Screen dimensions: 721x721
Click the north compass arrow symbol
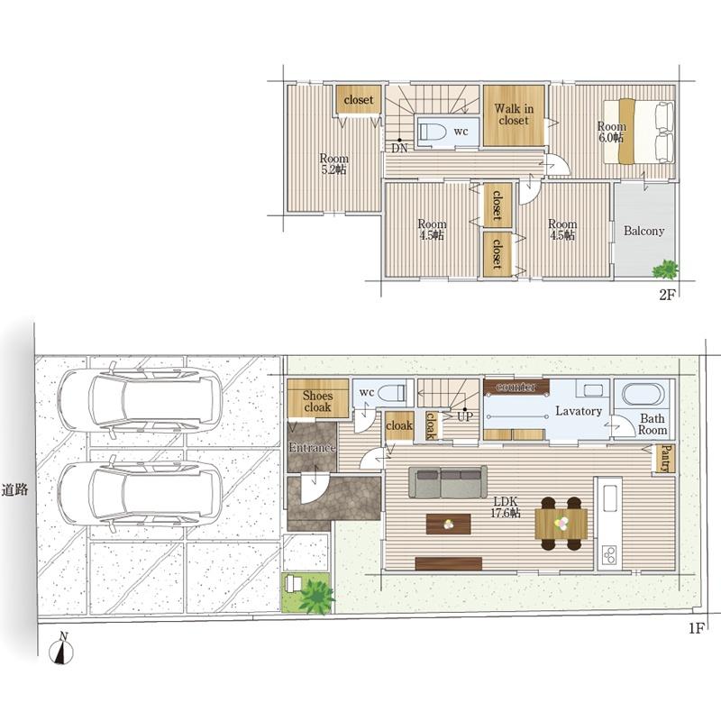click(x=61, y=649)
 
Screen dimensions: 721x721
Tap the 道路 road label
click(x=14, y=490)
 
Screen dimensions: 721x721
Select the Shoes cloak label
click(x=317, y=401)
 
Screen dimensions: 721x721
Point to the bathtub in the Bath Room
click(x=643, y=395)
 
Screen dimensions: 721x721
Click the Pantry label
click(x=665, y=459)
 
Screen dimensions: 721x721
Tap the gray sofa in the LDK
click(x=447, y=482)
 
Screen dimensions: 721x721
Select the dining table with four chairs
click(x=561, y=524)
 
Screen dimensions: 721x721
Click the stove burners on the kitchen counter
click(x=610, y=555)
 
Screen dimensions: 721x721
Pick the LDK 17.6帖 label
click(x=506, y=507)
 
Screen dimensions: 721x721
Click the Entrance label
click(x=312, y=448)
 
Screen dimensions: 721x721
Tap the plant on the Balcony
click(x=665, y=269)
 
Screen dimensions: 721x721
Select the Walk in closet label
click(x=514, y=114)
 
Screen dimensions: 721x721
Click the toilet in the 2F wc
click(x=433, y=132)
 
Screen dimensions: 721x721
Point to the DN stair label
click(x=399, y=148)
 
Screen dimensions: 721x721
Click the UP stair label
click(x=465, y=416)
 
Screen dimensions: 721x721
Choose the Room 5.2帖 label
click(x=333, y=164)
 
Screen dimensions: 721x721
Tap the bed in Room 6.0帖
click(x=639, y=132)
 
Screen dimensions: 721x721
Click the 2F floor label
click(x=667, y=295)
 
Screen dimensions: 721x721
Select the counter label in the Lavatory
click(x=516, y=388)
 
